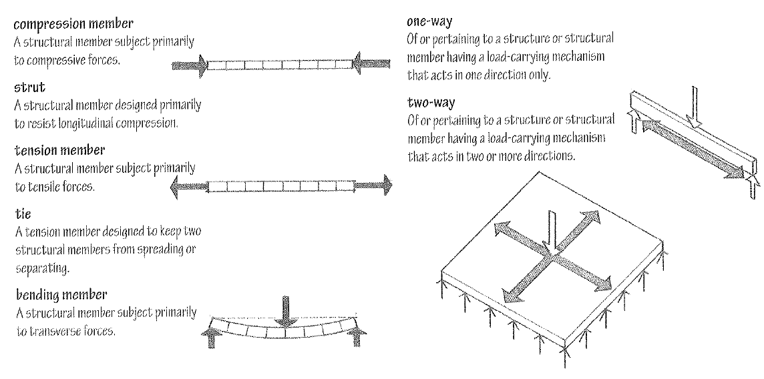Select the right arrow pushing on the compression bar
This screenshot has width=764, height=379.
[372, 65]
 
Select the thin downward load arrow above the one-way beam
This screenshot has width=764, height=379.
[695, 107]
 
